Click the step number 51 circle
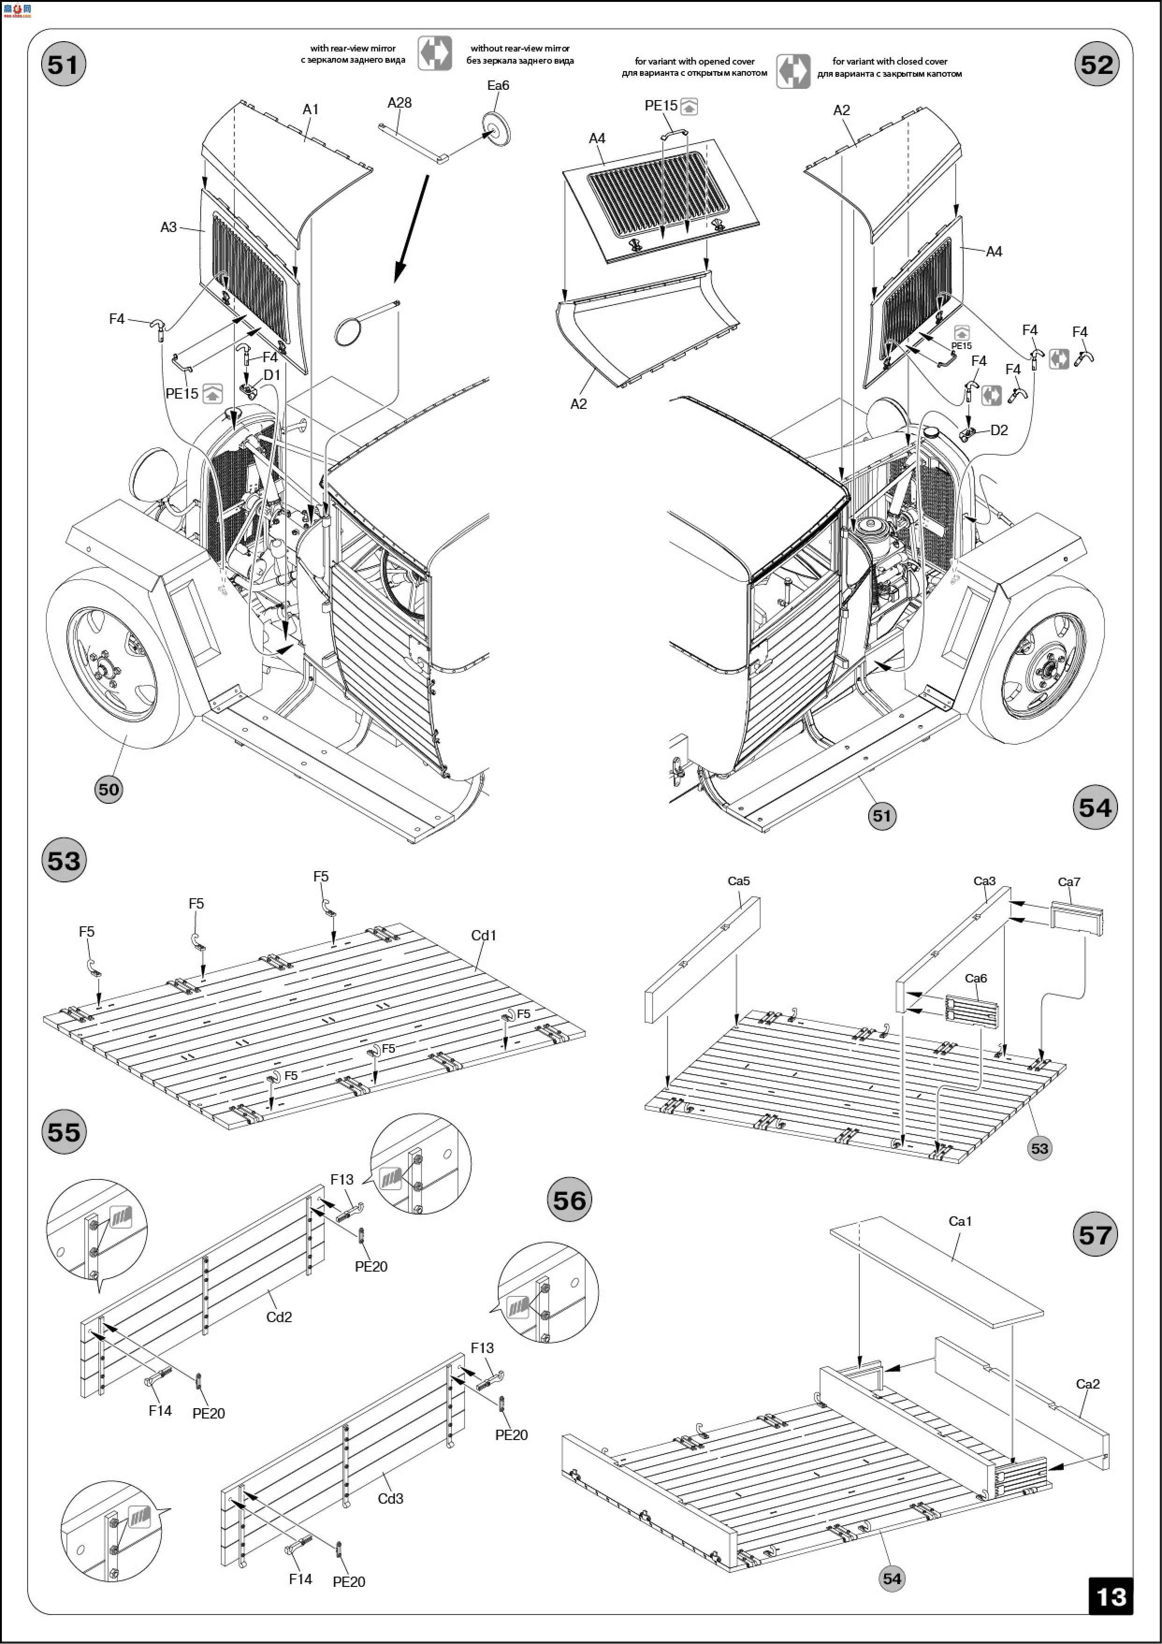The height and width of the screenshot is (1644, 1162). click(63, 65)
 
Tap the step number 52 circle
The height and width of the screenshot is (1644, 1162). click(1096, 65)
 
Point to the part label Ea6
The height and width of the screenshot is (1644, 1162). click(498, 85)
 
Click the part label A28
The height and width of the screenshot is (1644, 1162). click(399, 102)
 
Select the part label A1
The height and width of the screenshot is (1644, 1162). click(310, 109)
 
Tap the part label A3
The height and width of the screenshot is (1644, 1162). click(168, 227)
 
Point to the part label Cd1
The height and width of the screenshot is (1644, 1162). click(483, 935)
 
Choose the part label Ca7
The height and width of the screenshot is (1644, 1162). click(1069, 881)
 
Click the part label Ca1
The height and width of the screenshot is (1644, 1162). click(960, 1221)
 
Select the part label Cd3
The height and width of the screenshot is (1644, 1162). click(390, 1492)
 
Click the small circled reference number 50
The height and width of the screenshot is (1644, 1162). click(108, 789)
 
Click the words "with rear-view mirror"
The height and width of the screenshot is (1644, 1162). click(353, 48)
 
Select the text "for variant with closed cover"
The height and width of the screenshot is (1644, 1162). click(889, 61)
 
